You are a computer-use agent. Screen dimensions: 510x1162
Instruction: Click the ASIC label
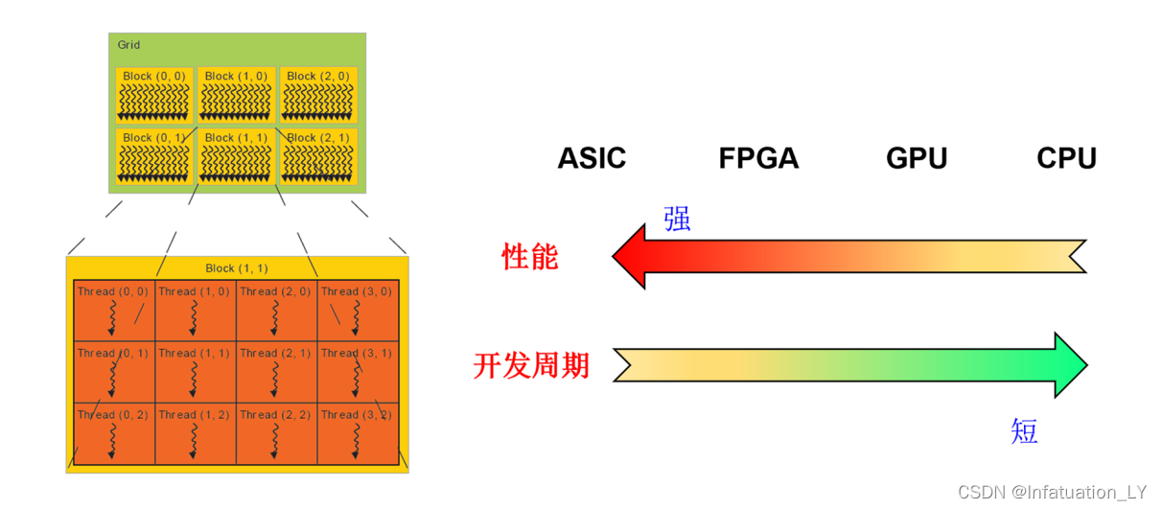pos(592,158)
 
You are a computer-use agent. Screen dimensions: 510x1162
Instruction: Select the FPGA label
pos(758,158)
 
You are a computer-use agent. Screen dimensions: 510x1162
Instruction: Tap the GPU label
pos(917,158)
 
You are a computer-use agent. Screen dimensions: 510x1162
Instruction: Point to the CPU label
pos(1066,158)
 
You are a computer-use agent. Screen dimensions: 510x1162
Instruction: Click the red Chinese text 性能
pos(530,257)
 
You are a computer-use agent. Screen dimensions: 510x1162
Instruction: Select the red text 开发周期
pos(531,366)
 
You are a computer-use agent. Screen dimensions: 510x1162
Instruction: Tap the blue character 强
pos(677,220)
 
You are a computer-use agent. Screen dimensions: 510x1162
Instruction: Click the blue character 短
pos(1024,431)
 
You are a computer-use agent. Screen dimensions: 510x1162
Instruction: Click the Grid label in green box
pos(128,45)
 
